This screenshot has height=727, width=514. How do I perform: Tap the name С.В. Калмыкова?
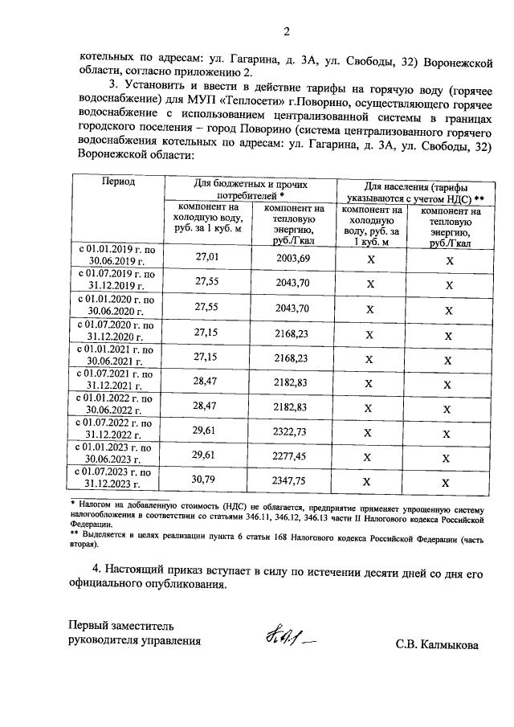click(436, 644)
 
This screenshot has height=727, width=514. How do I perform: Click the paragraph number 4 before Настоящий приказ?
click(96, 569)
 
